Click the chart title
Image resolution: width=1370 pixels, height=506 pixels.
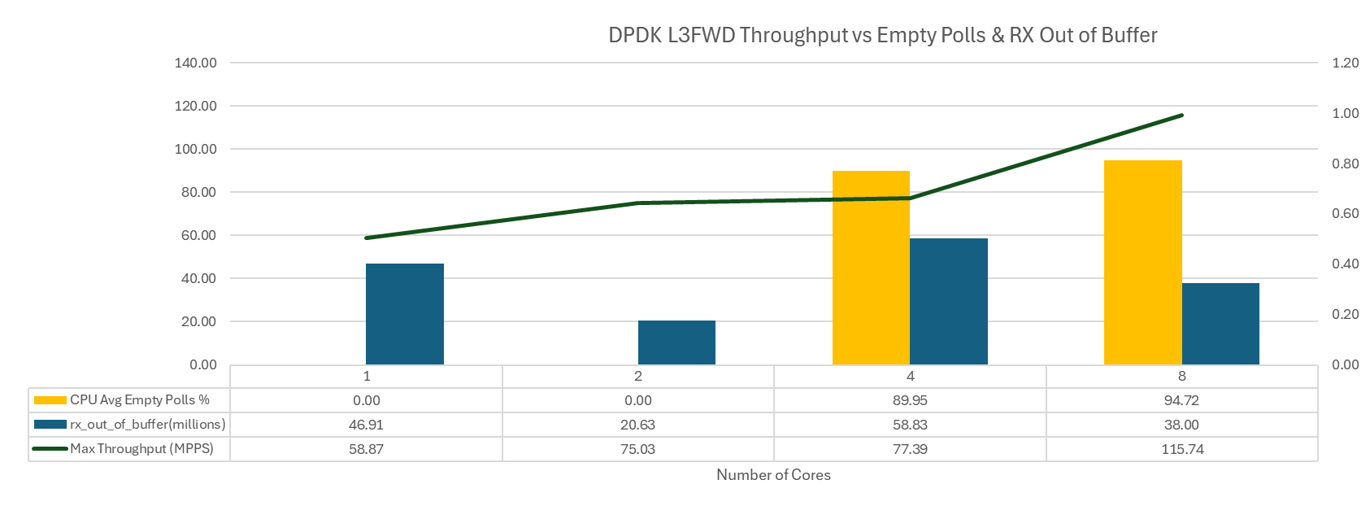[x=882, y=36]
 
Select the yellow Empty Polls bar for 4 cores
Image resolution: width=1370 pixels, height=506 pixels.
[x=871, y=268]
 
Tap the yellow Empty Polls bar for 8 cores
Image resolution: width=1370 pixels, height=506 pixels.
[x=1142, y=262]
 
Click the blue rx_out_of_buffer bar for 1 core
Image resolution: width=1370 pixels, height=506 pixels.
[x=405, y=314]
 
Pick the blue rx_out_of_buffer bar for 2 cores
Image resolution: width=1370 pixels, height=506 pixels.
[x=676, y=342]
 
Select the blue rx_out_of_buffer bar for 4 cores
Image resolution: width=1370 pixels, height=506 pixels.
[x=949, y=301]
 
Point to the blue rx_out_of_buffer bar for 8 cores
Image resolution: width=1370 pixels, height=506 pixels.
[x=1220, y=324]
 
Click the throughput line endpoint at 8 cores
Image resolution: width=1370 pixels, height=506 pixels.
[x=1181, y=116]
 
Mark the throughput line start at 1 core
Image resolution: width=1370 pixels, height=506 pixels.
[x=367, y=238]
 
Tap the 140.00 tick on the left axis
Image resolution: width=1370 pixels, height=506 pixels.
[x=195, y=63]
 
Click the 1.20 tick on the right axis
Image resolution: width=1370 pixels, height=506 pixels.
[x=1345, y=63]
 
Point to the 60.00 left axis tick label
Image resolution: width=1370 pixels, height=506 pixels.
[x=195, y=236]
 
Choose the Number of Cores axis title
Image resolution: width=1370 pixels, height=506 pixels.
[x=773, y=475]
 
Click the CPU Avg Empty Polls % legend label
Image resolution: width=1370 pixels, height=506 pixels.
[x=139, y=400]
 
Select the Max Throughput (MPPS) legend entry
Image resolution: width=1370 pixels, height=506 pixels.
[x=141, y=449]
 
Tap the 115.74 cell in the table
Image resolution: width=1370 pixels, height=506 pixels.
[x=1181, y=449]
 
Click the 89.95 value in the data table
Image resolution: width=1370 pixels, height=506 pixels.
[x=910, y=400]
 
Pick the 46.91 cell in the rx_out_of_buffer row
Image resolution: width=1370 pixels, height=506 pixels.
[x=367, y=425]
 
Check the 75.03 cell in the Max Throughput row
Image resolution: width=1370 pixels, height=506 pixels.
[x=638, y=449]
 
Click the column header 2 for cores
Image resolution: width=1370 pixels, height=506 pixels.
[x=638, y=376]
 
